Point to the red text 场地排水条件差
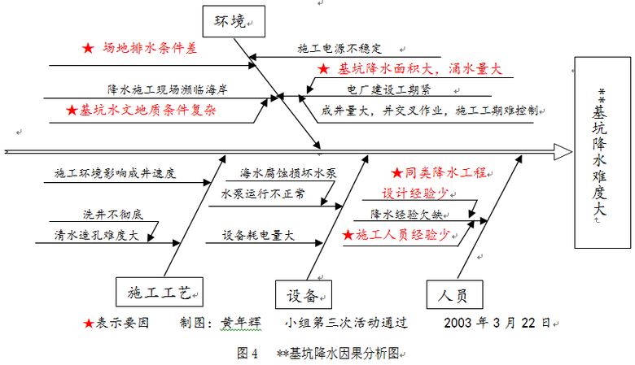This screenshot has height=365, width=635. click(x=150, y=49)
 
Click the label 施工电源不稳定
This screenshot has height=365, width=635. click(x=339, y=49)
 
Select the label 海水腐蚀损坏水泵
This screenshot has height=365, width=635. click(x=288, y=173)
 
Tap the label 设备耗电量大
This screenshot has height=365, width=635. click(x=258, y=235)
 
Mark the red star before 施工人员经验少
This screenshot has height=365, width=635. click(x=348, y=235)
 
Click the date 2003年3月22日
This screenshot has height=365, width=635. click(x=497, y=322)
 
